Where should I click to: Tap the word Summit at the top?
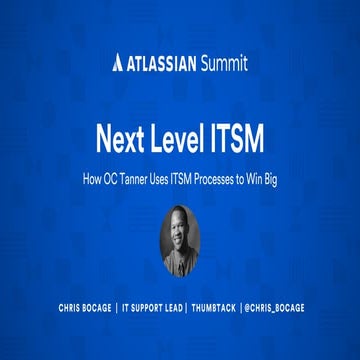(x=222, y=65)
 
